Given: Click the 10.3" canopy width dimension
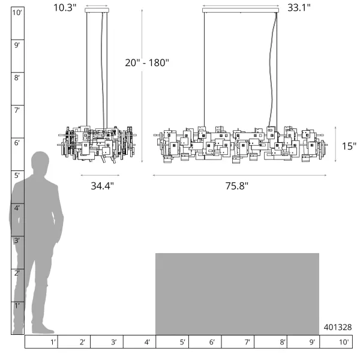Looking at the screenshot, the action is point(65,8).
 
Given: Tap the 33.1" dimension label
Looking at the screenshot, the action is point(299,8).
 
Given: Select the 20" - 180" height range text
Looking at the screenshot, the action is point(147,62).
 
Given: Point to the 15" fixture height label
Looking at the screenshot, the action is point(349,146).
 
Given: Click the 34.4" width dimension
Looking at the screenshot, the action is point(102,186).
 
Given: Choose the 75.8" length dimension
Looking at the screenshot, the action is point(237,186).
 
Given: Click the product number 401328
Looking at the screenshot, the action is point(337,327).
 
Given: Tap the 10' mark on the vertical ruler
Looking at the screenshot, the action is point(17,13).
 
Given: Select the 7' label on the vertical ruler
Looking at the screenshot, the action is point(17,110).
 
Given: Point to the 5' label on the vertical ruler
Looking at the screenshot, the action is point(17,176).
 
